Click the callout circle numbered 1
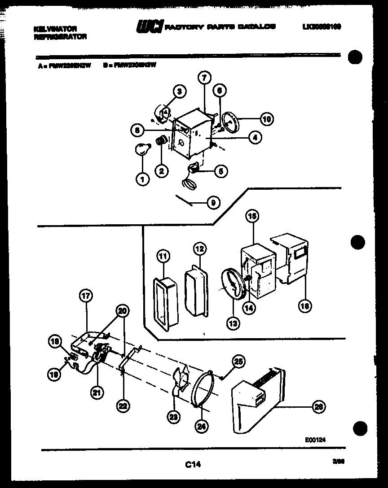click(142, 180)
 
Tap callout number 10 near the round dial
click(267, 119)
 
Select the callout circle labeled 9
click(213, 203)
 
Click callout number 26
click(318, 407)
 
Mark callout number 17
click(85, 296)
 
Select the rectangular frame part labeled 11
click(164, 305)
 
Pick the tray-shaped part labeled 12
click(195, 294)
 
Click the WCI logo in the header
click(150, 27)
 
